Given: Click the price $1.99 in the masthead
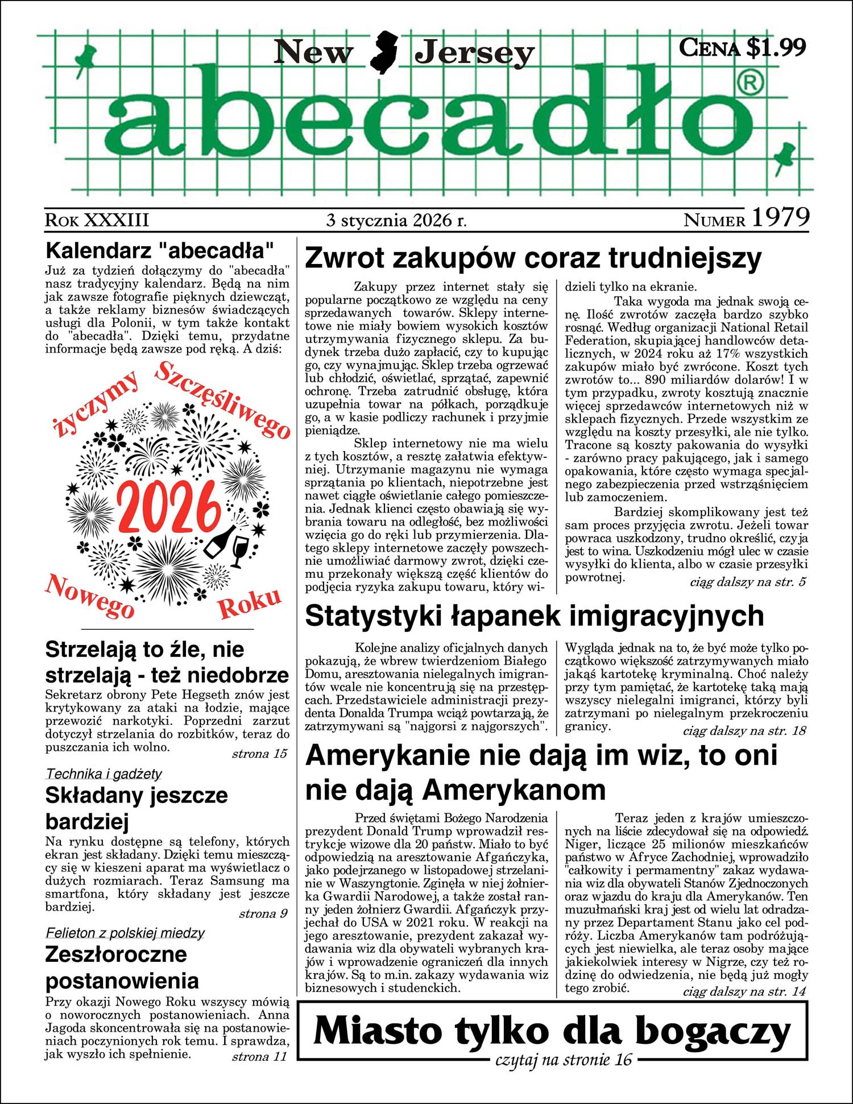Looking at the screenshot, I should [x=776, y=47].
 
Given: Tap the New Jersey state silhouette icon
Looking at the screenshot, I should [x=383, y=52].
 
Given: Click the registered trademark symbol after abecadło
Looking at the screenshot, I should [x=751, y=84].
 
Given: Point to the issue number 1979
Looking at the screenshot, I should [x=780, y=218].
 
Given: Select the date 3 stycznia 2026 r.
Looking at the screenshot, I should [x=396, y=220].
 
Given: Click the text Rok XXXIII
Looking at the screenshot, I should [x=97, y=220].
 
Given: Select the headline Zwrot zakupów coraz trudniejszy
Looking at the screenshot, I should [x=533, y=259].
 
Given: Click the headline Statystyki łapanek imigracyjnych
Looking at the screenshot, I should [x=534, y=617].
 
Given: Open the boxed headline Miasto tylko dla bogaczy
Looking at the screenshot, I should [x=552, y=1031].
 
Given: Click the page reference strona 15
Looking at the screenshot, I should [x=259, y=754].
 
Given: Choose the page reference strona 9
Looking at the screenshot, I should [x=263, y=914].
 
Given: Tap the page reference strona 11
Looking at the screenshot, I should [x=259, y=1057].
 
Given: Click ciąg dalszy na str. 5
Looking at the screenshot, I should [x=748, y=582].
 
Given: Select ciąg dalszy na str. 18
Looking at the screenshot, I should [x=744, y=731].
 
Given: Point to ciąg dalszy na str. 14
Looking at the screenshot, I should [x=744, y=991].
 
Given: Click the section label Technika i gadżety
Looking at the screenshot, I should [x=103, y=774].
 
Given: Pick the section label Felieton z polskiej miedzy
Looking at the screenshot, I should [x=125, y=933].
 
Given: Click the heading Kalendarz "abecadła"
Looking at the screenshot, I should [x=160, y=250].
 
